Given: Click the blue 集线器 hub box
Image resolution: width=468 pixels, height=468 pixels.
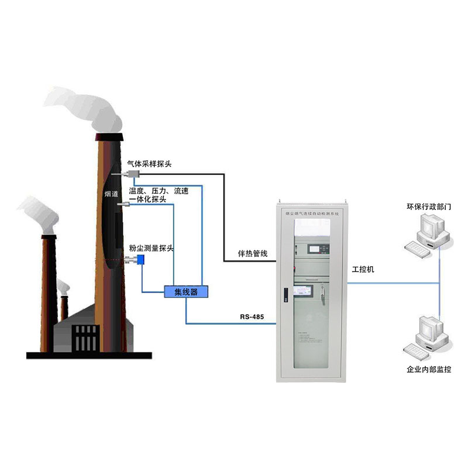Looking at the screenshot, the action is [186, 291].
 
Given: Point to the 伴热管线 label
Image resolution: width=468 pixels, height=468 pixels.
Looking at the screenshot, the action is [253, 253].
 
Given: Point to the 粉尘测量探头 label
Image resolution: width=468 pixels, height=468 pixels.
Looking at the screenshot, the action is [152, 249].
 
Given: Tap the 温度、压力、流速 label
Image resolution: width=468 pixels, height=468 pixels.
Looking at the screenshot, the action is [158, 191].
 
